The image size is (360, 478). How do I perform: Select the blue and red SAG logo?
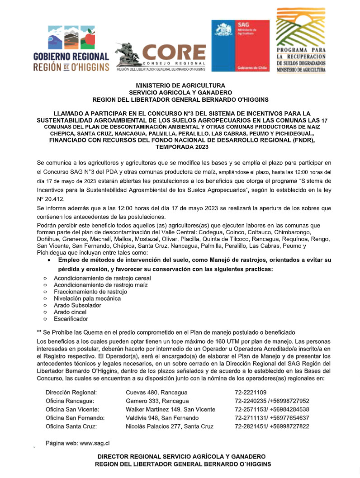click(237, 45)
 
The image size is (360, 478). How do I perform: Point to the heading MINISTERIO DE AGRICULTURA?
click(180, 85)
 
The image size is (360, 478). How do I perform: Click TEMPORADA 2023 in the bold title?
click(180, 147)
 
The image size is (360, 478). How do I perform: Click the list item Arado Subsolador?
click(77, 305)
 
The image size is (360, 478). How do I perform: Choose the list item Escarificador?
click(71, 319)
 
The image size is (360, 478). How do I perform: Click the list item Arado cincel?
click(70, 312)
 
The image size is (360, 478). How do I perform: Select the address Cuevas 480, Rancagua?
click(156, 392)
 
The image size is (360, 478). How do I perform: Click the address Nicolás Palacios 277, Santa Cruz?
click(170, 426)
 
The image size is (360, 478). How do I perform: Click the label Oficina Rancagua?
click(70, 401)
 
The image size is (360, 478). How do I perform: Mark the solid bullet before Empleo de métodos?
click(49, 261)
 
